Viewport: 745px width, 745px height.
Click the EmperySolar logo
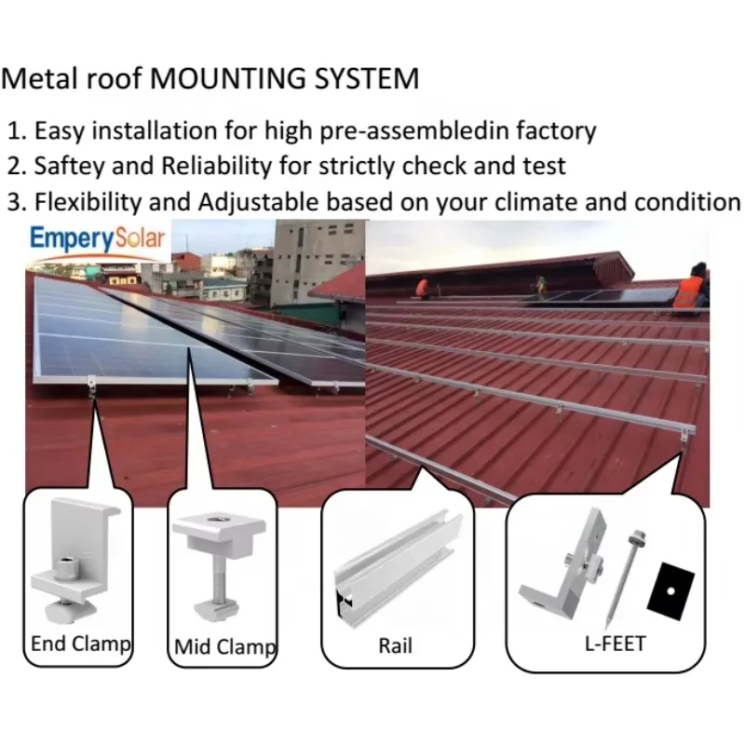click(x=98, y=239)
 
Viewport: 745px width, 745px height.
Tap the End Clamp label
click(x=81, y=644)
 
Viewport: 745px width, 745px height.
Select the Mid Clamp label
click(x=224, y=646)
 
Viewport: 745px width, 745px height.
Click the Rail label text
click(x=395, y=645)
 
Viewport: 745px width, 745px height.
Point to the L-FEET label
click(x=615, y=643)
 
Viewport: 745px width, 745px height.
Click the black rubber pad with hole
click(x=670, y=591)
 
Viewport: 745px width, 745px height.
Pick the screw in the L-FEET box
click(x=622, y=578)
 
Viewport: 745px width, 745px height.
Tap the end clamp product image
click(x=76, y=560)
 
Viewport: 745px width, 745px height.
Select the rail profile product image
click(x=398, y=567)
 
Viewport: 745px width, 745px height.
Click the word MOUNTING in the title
click(x=228, y=78)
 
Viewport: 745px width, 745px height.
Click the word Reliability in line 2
click(x=216, y=167)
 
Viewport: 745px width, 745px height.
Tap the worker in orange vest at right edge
click(x=691, y=287)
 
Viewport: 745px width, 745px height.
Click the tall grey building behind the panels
click(x=319, y=263)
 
